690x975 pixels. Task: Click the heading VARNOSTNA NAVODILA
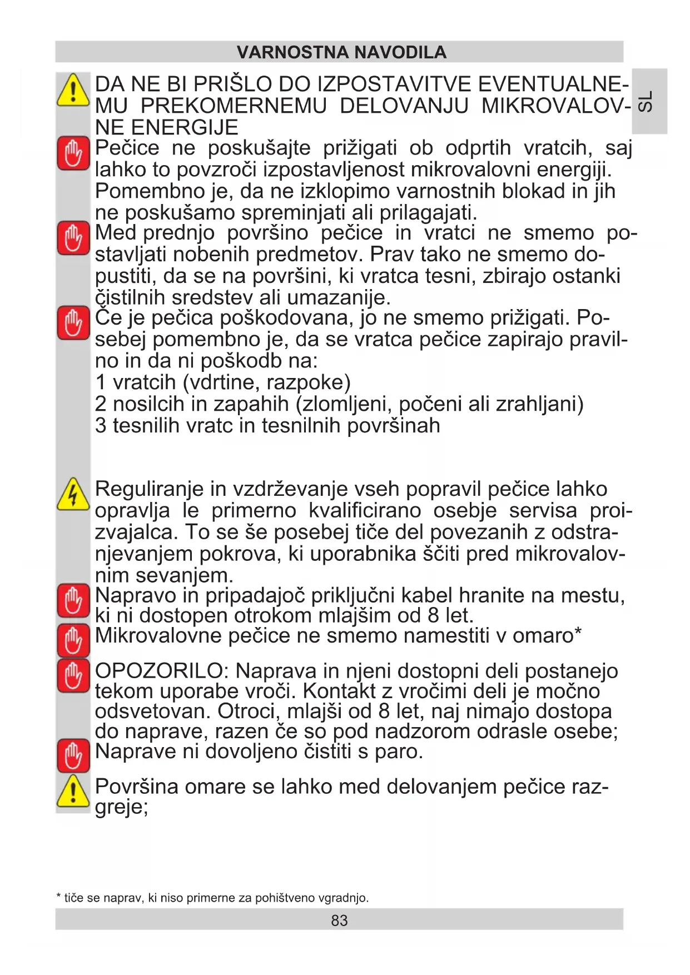341,52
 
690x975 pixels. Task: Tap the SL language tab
645,101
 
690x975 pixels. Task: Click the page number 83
339,921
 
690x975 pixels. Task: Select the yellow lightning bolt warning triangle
73,494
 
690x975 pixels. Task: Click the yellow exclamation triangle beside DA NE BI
73,90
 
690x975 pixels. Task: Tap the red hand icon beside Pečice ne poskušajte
73,153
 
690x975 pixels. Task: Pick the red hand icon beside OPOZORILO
73,675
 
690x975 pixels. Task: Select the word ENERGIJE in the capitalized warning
166,127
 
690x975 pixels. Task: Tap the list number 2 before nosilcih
101,404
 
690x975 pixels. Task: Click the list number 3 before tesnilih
101,426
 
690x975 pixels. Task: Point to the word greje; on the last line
122,807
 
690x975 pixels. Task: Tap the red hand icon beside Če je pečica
73,323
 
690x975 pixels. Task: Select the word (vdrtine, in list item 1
222,382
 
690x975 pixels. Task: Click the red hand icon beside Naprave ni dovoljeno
73,755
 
